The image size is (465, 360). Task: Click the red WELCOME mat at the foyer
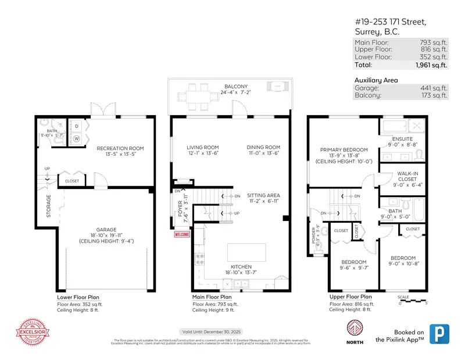(182, 234)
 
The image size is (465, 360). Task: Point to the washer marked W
(77, 139)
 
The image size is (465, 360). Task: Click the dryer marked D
(77, 126)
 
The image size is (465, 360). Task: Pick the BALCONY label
(236, 87)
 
